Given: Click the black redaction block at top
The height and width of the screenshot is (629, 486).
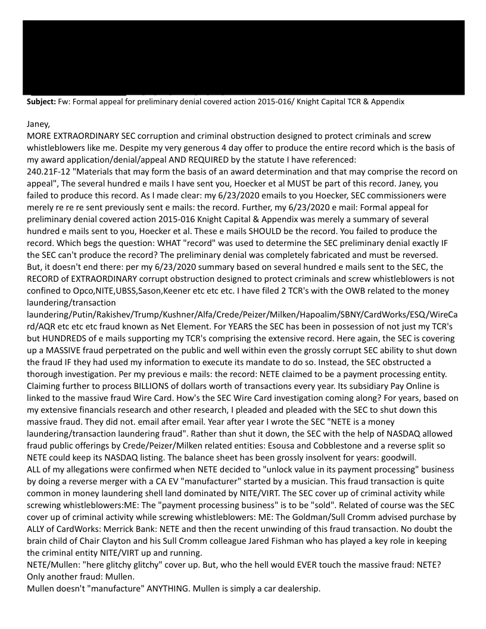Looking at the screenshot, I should [x=243, y=57].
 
